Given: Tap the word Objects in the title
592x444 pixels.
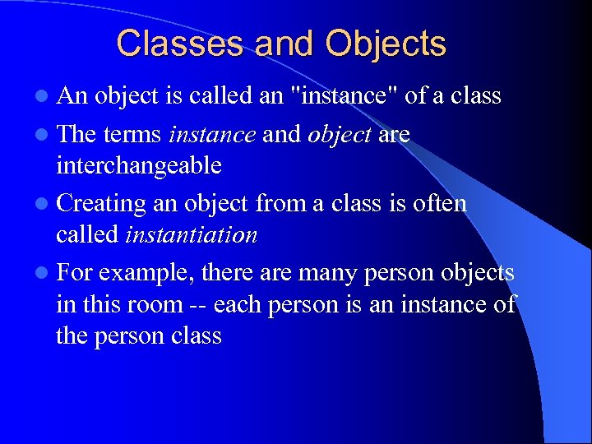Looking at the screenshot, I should click(386, 44).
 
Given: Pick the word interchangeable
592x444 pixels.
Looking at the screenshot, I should click(138, 165).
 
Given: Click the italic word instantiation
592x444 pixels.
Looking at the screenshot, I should click(191, 235).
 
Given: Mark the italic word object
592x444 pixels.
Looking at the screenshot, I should click(339, 134).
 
